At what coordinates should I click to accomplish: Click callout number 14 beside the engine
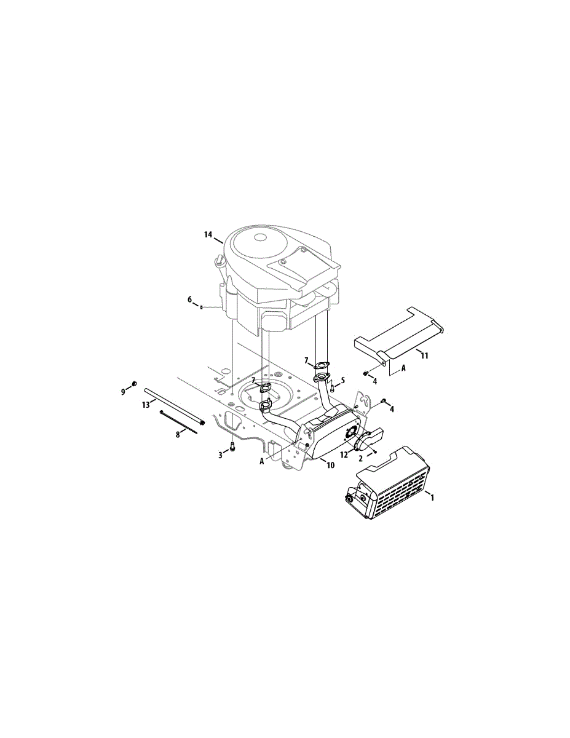208,234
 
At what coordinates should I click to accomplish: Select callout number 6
190,300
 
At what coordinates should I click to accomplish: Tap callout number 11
424,355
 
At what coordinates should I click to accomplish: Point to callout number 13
146,405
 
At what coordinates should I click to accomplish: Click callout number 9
123,392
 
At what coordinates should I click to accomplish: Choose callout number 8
178,434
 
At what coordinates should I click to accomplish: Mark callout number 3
220,455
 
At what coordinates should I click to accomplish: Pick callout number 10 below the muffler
330,465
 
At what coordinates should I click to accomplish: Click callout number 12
344,454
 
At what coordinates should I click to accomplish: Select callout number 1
432,498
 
